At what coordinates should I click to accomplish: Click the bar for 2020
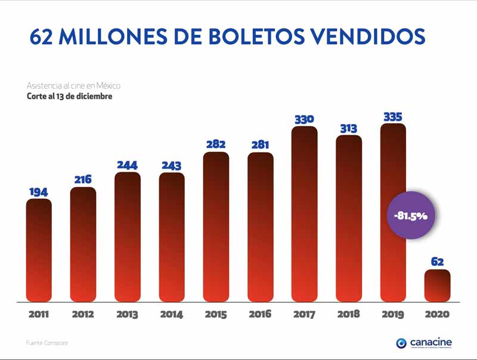(437, 285)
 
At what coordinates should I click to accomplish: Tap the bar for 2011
(39, 250)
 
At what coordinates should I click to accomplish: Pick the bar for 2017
(305, 215)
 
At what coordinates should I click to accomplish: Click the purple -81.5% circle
(410, 215)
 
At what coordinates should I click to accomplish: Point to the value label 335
(393, 117)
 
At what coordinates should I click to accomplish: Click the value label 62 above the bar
(437, 262)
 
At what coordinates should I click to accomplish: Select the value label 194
(39, 192)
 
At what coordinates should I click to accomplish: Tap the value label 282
(216, 145)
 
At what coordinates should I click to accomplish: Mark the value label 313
(349, 128)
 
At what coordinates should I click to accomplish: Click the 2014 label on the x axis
(172, 315)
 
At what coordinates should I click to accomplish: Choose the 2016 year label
(260, 315)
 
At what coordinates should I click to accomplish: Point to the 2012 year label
(83, 315)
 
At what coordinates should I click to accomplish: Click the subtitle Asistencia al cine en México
(74, 86)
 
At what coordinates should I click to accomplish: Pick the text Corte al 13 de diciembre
(69, 95)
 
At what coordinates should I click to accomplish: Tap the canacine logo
(424, 343)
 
